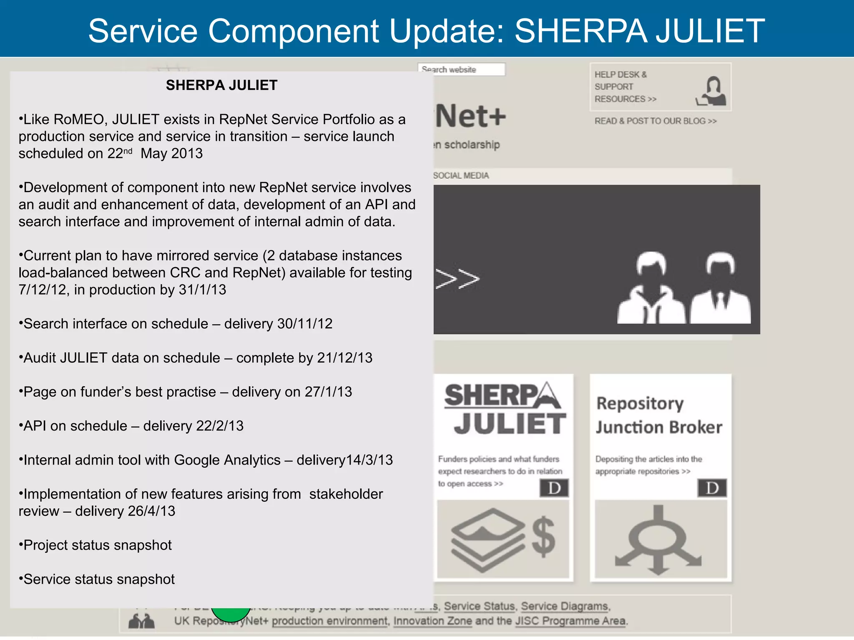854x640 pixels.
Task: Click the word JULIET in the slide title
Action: (710, 31)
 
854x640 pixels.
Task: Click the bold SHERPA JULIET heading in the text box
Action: (221, 85)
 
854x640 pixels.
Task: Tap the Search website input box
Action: (462, 70)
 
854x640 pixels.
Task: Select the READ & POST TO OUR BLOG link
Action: (655, 121)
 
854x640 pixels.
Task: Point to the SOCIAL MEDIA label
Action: (461, 176)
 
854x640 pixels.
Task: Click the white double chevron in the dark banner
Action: (457, 279)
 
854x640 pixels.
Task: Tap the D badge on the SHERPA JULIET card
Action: (554, 488)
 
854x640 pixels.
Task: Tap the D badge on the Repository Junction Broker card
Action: (712, 488)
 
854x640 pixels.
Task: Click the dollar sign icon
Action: (543, 537)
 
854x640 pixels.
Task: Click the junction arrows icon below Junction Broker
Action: (658, 540)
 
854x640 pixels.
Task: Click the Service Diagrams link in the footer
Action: (565, 606)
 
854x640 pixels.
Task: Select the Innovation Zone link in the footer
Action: (432, 621)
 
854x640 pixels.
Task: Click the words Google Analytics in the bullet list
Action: (227, 460)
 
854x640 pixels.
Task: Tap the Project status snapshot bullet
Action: (97, 545)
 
